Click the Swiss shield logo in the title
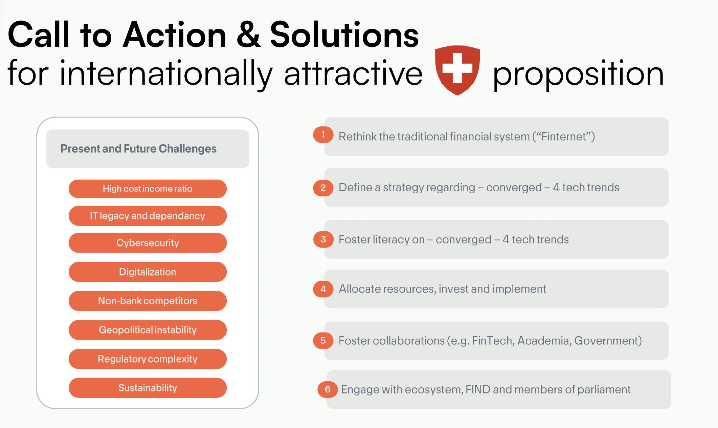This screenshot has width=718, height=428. [x=457, y=70]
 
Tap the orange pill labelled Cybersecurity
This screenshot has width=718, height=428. [x=148, y=243]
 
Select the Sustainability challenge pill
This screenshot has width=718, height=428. [x=148, y=388]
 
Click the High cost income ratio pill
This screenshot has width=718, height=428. [x=148, y=189]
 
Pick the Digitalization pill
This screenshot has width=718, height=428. [x=148, y=272]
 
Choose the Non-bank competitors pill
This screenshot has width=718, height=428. [x=148, y=301]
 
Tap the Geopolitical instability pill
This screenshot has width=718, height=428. [x=148, y=330]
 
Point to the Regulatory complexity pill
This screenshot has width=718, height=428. [x=148, y=359]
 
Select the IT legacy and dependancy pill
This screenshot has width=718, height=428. [x=148, y=216]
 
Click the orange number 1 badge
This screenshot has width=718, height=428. [x=323, y=135]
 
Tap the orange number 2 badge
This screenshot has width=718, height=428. [x=323, y=188]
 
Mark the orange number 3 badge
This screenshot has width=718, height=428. [x=323, y=239]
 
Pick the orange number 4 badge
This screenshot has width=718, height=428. [x=323, y=289]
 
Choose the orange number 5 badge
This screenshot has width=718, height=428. [x=323, y=341]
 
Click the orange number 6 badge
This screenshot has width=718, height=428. [x=328, y=389]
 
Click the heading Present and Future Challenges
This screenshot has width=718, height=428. [x=138, y=149]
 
